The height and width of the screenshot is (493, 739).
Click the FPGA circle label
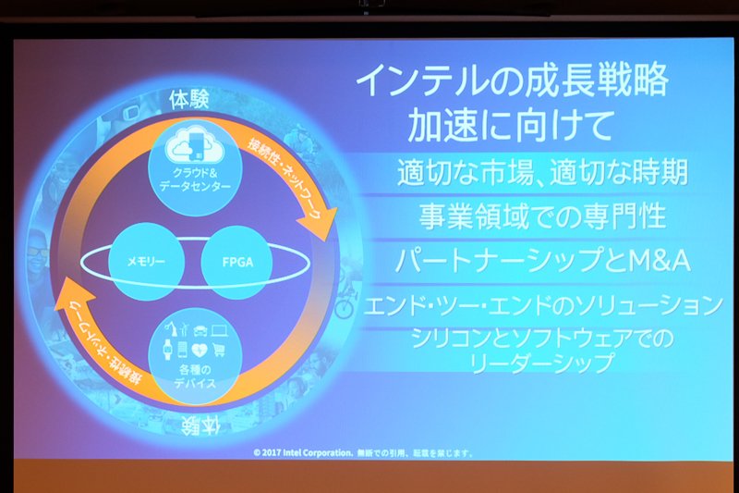(x=237, y=263)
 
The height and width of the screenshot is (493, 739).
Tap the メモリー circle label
(x=146, y=262)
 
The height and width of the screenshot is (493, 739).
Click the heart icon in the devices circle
(x=200, y=350)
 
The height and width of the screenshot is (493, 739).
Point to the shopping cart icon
(x=218, y=350)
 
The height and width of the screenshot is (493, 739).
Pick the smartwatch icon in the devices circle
(x=167, y=350)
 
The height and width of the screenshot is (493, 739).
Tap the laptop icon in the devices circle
(x=220, y=330)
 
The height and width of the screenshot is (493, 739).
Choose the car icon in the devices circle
(x=200, y=330)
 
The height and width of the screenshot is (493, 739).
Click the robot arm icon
(x=170, y=328)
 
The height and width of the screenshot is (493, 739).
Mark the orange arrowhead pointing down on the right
(x=320, y=223)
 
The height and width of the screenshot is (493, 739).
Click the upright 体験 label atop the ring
(x=189, y=100)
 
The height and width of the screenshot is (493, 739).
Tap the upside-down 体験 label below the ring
(x=200, y=426)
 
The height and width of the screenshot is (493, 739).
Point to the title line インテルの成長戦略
(x=513, y=80)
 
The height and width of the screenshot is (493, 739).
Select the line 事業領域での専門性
(x=542, y=216)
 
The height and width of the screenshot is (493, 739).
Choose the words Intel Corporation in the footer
(x=317, y=453)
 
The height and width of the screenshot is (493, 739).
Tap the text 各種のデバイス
(x=195, y=376)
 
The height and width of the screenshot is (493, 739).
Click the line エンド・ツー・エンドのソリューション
(x=543, y=305)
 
